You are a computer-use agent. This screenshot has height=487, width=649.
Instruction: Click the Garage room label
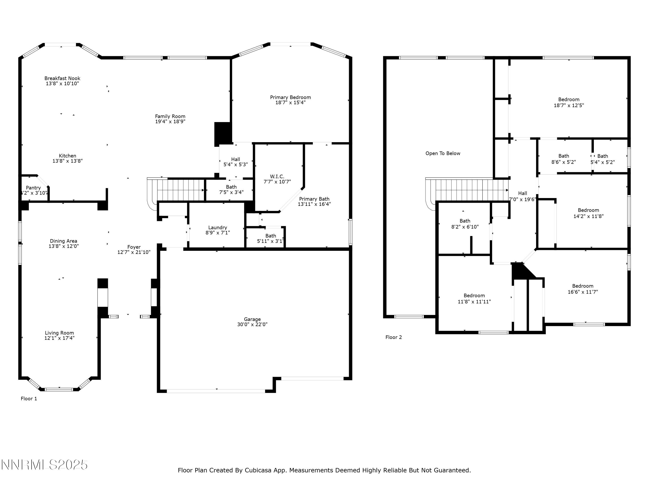[x=252, y=319]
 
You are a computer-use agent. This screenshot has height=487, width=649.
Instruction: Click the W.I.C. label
[x=277, y=176]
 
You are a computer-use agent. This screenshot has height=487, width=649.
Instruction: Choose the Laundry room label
[x=217, y=227]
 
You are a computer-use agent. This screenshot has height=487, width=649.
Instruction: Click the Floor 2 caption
[x=394, y=337]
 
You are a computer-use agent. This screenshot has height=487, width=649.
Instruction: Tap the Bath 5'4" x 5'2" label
[x=602, y=159]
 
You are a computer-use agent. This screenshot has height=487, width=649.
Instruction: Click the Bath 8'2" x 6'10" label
[x=465, y=224]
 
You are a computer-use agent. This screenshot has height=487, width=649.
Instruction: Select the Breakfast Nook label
[x=62, y=78]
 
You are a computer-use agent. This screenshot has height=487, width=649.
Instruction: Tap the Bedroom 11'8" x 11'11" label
[x=474, y=298]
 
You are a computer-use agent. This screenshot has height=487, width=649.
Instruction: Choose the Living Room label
[x=59, y=333]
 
